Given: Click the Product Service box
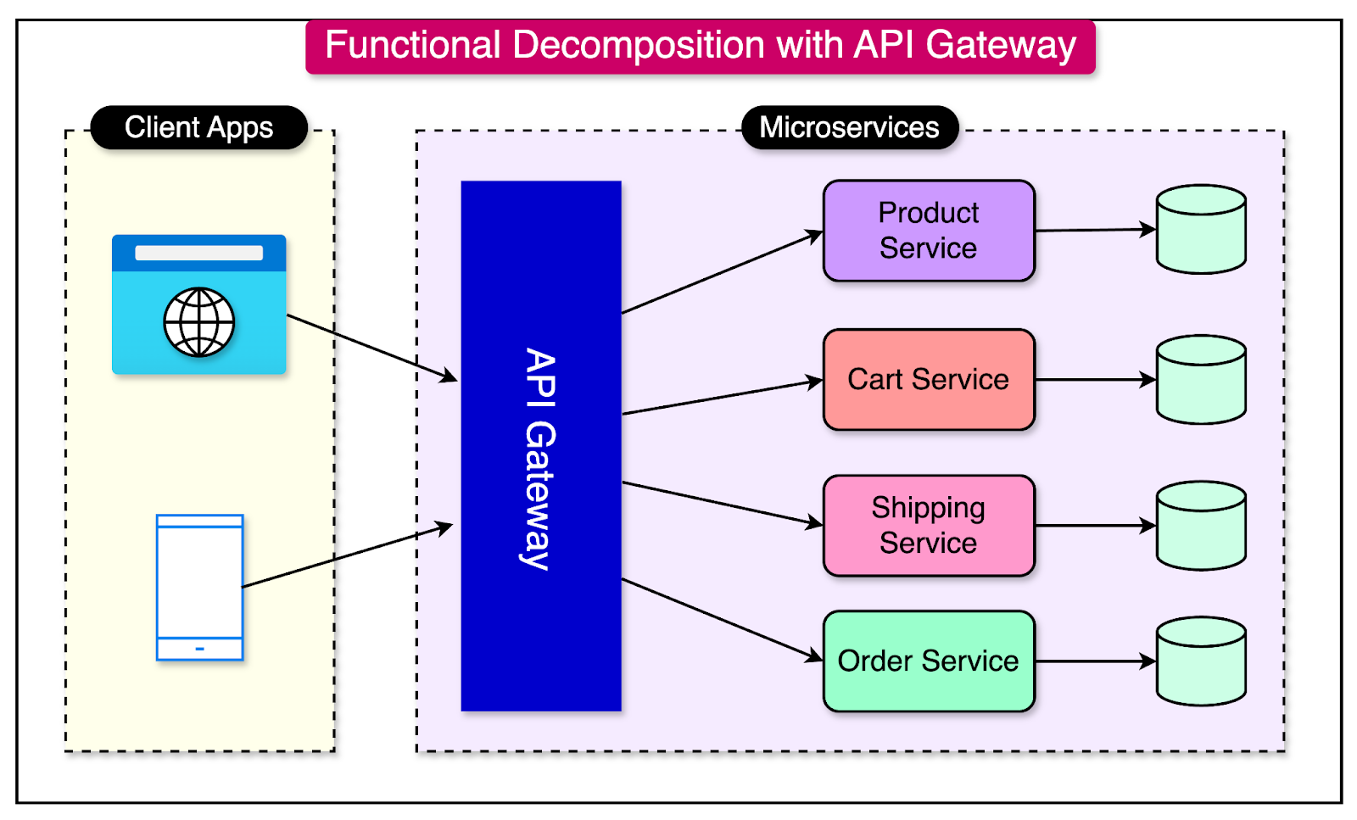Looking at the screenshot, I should [929, 230].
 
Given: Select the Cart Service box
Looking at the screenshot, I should [929, 379].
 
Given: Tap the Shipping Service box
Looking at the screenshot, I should [929, 525].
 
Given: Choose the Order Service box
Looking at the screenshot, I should [929, 661].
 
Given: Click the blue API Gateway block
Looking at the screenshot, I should [541, 445].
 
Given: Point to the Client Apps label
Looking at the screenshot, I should [198, 127].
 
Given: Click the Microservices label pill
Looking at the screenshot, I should [849, 127].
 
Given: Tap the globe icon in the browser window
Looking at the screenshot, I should [199, 322].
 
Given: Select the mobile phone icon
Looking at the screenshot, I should [200, 587].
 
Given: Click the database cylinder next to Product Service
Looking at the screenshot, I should [1201, 230].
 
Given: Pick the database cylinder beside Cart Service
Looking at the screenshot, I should [1201, 379].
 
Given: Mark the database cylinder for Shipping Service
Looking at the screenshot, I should [1201, 526].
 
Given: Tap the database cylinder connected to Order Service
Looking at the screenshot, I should [1201, 661].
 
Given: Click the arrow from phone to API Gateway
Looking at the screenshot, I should [348, 557].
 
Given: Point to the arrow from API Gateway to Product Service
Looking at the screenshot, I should [721, 272].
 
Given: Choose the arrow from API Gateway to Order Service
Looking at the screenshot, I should [721, 619].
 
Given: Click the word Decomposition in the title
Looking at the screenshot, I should [639, 45].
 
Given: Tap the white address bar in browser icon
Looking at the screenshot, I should [199, 253].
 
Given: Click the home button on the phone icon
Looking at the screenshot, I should [200, 649].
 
